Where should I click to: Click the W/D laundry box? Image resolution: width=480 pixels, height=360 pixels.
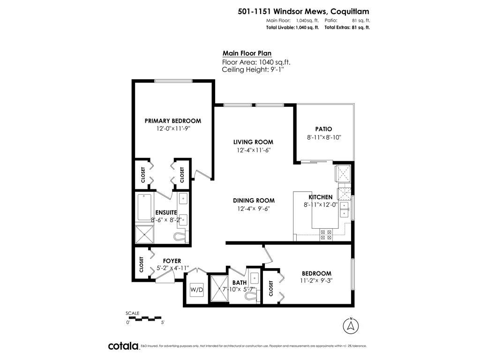point(196,289)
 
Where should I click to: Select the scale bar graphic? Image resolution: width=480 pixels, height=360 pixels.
point(145,318)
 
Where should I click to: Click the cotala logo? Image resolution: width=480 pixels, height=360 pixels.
point(123,346)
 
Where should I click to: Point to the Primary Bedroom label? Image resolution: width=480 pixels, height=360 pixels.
point(173,121)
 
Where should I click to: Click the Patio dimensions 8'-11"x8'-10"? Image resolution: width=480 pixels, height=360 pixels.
point(324,137)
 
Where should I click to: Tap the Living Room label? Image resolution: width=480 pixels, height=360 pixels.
point(253,142)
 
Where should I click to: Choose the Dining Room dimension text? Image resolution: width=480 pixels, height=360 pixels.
point(254,209)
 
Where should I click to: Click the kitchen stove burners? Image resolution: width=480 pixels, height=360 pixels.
point(326,234)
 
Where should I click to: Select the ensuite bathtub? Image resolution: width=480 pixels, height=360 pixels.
point(144,207)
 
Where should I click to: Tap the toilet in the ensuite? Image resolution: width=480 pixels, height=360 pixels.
point(180,237)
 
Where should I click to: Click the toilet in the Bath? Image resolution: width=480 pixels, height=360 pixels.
point(253,296)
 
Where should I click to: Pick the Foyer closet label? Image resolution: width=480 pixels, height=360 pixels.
point(142,264)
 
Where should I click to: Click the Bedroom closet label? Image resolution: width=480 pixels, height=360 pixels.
point(271,288)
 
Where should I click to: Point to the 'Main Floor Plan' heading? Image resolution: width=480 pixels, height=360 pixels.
point(247,53)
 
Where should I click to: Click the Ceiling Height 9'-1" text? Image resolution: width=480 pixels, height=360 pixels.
point(253,69)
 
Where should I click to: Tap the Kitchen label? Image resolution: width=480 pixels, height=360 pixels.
point(321,197)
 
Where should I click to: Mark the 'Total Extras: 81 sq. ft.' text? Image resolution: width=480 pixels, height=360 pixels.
point(347,28)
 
